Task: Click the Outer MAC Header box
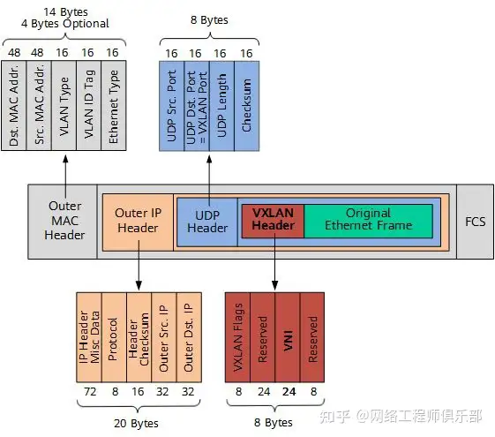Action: click(64, 221)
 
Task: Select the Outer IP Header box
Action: click(138, 221)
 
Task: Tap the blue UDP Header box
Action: click(208, 221)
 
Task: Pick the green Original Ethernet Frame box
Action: click(368, 221)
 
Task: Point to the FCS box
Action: click(475, 221)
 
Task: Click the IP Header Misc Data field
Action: click(89, 335)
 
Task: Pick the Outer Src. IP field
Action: click(164, 335)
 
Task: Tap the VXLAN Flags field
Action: click(238, 335)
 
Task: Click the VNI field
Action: click(288, 335)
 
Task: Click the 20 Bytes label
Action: click(138, 422)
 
